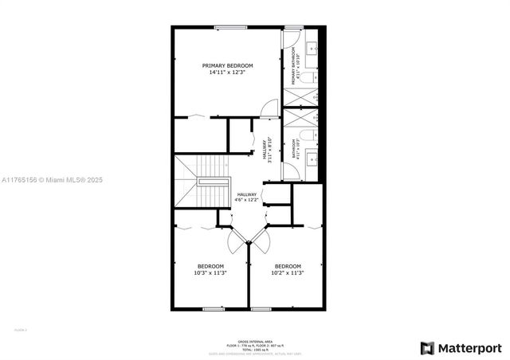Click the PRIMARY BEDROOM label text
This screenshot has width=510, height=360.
227,65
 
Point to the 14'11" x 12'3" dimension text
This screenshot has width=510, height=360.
227,72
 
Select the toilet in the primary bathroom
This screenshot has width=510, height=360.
313,77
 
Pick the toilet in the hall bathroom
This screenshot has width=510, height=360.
312,134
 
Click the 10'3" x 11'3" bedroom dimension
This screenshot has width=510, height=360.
210,272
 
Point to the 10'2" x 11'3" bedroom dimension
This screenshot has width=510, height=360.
288,272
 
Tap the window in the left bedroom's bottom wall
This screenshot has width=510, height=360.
214,309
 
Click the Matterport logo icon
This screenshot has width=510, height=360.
428,348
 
